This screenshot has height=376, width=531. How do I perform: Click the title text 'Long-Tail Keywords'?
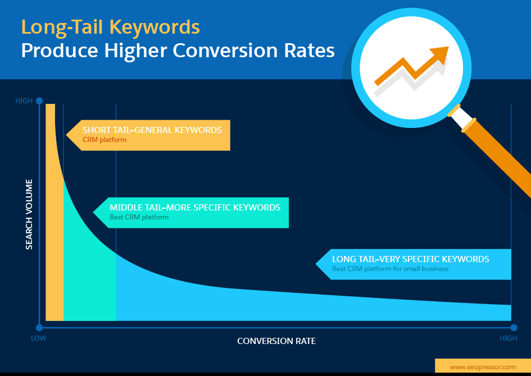110,26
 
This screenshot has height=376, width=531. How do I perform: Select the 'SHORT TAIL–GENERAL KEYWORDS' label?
152,130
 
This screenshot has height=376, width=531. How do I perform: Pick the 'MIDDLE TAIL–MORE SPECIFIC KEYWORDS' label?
194,208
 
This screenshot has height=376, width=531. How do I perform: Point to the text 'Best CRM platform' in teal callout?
139,217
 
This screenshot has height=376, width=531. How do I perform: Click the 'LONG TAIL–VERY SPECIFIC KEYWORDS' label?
410,259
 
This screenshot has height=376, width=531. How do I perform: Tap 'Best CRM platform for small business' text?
390,269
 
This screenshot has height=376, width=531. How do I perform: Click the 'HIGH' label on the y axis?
24,101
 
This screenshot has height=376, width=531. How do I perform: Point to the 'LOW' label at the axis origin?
38,338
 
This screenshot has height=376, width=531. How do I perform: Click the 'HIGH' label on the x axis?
508,338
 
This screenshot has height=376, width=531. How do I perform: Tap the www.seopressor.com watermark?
482,367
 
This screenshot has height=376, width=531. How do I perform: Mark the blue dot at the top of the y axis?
39,101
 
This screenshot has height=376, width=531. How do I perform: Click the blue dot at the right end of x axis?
514,327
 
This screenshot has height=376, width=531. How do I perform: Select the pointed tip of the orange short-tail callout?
67,135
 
